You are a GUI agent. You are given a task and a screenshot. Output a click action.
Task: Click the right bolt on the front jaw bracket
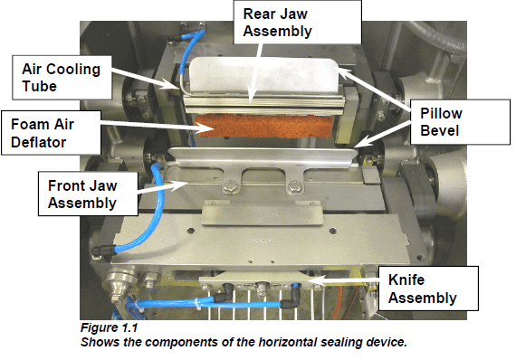pyautogui.click(x=292, y=189)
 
